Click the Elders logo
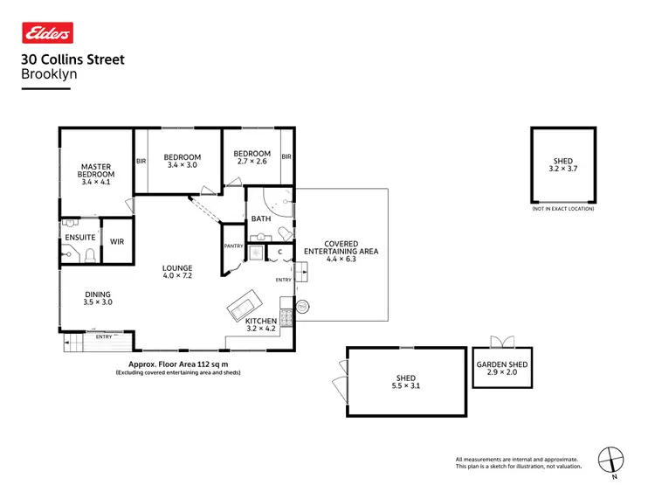(47, 33)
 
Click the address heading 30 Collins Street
(72, 60)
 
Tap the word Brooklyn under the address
(48, 75)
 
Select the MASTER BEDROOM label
(97, 170)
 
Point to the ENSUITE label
(79, 237)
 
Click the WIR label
(116, 237)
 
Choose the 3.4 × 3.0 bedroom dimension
(182, 165)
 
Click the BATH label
(261, 218)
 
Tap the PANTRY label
(233, 246)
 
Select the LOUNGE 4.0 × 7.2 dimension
(176, 275)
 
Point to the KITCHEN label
(261, 322)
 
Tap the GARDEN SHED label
(501, 364)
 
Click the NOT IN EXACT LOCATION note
(562, 209)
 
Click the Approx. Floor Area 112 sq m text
(178, 364)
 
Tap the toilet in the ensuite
(88, 255)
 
